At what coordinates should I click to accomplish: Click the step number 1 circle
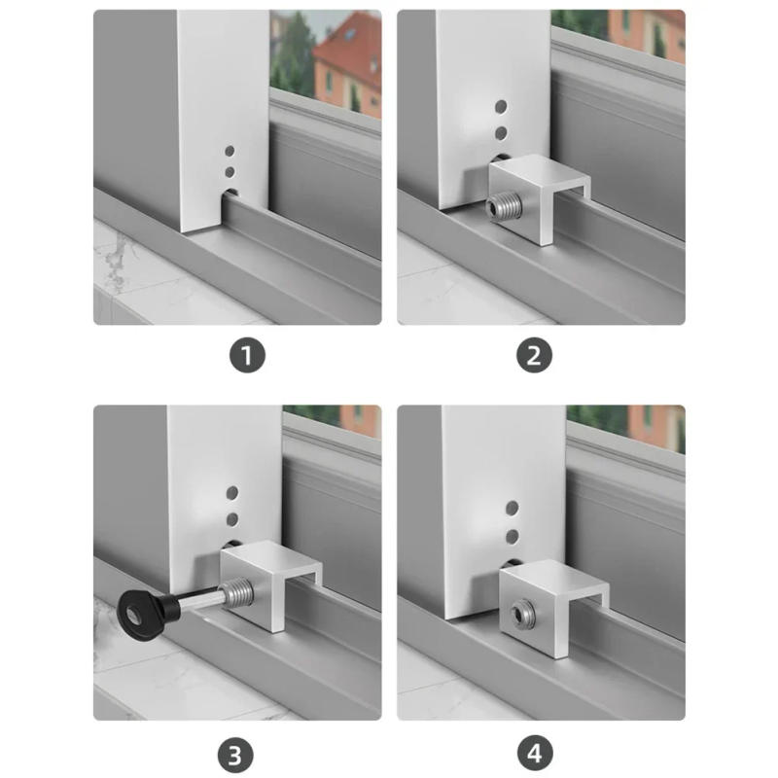click(248, 356)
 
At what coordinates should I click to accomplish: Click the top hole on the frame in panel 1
click(230, 152)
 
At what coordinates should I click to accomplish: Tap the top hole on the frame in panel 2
click(501, 106)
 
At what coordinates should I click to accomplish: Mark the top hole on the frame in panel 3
click(231, 494)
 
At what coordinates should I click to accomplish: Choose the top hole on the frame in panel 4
click(512, 508)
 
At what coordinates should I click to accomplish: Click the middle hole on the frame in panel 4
click(512, 536)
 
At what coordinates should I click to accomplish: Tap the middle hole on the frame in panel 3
click(231, 520)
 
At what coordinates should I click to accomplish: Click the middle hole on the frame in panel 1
click(230, 171)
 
